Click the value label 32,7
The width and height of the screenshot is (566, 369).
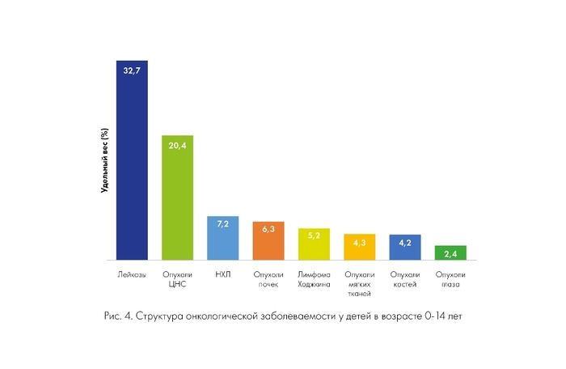[x=132, y=71]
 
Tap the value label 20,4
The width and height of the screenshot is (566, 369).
[x=177, y=146]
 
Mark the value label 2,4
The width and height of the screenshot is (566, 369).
[x=450, y=254]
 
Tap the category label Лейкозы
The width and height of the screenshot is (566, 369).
[x=132, y=275]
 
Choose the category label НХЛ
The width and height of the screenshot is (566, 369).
[x=222, y=275]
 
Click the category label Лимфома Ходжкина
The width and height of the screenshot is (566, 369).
[x=314, y=279]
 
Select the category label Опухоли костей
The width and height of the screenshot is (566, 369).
[x=405, y=279]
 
